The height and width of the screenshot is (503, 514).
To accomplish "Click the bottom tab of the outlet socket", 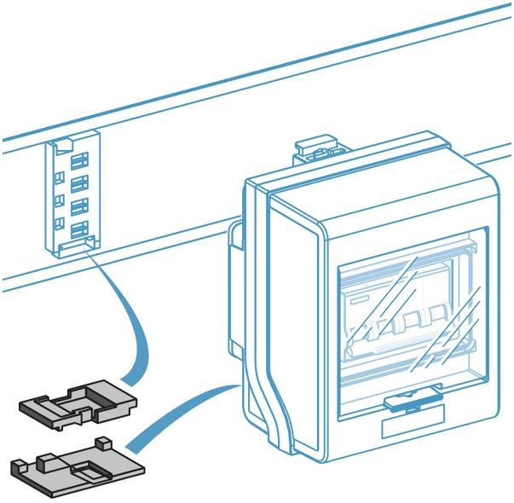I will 72,248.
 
